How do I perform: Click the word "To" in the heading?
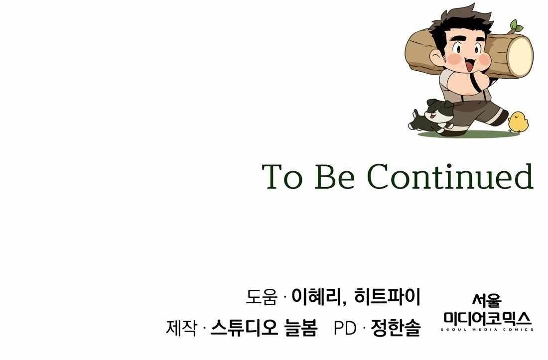[282, 177]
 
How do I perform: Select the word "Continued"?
[450, 177]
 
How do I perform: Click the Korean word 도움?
[261, 297]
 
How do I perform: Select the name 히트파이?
[387, 297]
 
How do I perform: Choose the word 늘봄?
[300, 328]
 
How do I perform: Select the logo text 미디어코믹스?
[488, 318]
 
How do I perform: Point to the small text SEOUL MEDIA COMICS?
[488, 330]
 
